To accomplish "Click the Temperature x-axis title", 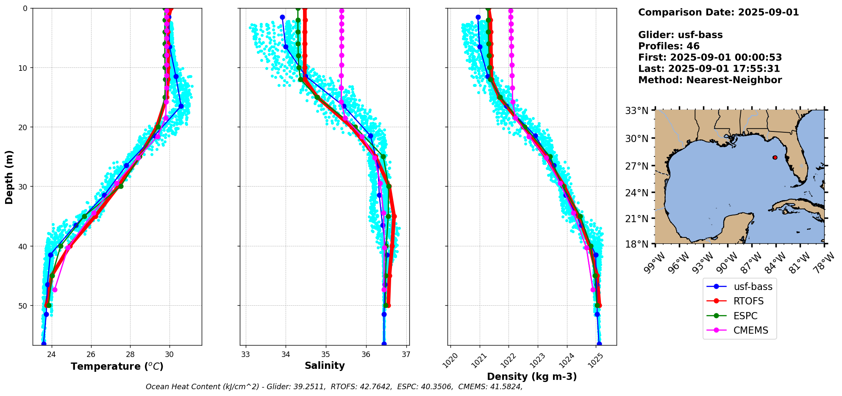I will point(117,367).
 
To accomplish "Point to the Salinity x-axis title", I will point(325,366).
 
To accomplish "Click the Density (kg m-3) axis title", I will point(532,376).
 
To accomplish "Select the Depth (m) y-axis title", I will point(9,177).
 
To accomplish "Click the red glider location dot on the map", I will point(775,157).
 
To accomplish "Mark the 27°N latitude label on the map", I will point(637,166).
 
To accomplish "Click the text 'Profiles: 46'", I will point(669,46).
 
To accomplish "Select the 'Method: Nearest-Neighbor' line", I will point(710,80).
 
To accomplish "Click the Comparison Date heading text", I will point(718,12).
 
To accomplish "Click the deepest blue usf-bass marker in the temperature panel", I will point(44,344).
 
